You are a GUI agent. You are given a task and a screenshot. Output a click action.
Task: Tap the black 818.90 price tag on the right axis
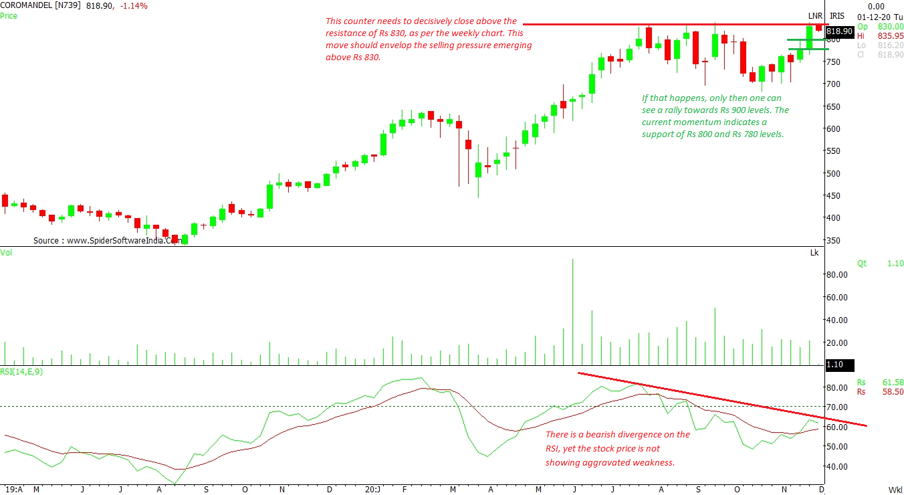839,31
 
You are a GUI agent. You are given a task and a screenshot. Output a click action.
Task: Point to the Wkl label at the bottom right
895,490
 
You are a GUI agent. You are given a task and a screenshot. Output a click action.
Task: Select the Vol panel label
6,252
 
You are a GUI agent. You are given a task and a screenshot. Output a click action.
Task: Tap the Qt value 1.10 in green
895,264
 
